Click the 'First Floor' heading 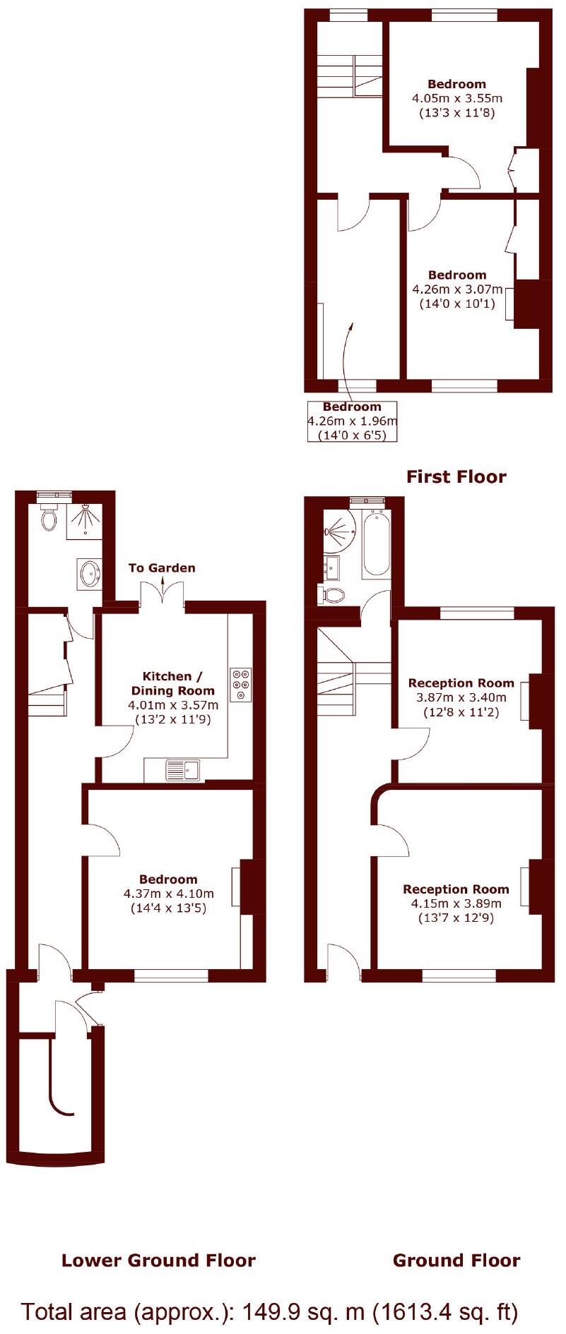coord(456,477)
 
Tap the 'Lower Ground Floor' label coord(158,1261)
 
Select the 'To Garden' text coord(162,568)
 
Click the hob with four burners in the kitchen coord(241,684)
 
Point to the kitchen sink coord(182,770)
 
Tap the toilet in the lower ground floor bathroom coord(49,519)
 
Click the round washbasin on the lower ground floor coord(90,574)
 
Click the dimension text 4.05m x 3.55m coord(457,98)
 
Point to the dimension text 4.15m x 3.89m coord(456,903)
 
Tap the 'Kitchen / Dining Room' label coord(172,683)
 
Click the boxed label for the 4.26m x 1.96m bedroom coord(352,421)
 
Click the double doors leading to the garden coord(163,595)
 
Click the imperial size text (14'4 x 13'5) coord(168,908)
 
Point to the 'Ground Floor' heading coord(456,1261)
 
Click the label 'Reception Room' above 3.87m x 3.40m coord(461,683)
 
